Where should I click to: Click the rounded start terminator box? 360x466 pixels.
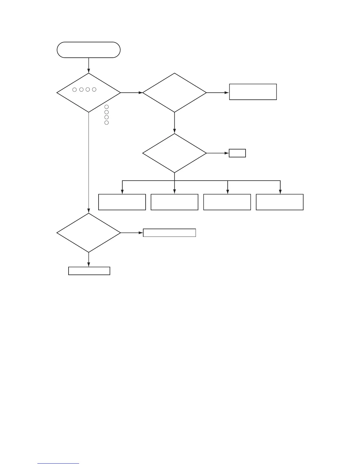89,50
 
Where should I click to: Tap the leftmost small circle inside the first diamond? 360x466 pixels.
74,89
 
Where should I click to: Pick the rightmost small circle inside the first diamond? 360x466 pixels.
94,89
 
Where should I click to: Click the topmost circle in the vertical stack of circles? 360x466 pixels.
106,107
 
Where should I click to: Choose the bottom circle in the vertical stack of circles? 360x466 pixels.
106,122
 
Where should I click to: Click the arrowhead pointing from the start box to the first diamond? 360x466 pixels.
89,71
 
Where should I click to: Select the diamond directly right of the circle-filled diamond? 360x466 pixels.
174,93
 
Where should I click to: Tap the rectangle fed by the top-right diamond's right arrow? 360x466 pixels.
253,92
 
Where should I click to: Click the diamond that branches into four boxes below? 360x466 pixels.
174,153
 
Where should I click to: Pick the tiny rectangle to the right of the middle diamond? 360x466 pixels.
237,153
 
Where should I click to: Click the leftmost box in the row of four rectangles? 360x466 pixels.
122,202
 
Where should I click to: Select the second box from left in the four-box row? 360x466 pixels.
174,202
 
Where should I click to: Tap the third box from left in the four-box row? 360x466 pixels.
227,202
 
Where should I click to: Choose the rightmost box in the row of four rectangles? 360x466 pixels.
280,202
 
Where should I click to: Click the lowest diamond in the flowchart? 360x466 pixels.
89,233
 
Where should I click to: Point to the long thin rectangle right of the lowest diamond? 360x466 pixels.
169,233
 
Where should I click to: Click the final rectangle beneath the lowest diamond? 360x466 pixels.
89,271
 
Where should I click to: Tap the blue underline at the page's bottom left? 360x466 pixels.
59,464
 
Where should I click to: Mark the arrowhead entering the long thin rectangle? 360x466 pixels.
141,233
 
